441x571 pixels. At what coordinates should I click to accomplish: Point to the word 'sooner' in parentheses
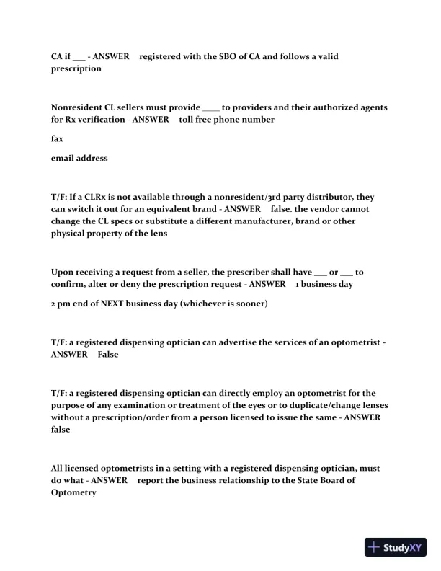coord(248,304)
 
